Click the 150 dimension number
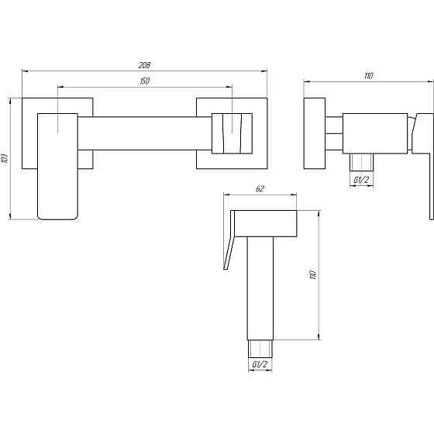[145, 81]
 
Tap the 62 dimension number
[260, 189]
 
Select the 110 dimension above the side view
[368, 76]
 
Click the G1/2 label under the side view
[361, 180]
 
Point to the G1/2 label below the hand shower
[260, 364]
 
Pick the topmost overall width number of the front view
[144, 65]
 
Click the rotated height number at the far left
[5, 159]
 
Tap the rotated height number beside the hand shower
[313, 274]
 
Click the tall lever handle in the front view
[57, 167]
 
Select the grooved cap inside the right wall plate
[232, 133]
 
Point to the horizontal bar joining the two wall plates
[145, 133]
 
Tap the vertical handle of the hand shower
[260, 288]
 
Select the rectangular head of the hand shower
[266, 223]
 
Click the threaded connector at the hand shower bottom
[260, 349]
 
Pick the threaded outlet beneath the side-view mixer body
[361, 163]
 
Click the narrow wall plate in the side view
[315, 133]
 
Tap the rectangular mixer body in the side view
[375, 133]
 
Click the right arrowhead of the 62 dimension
[294, 195]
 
